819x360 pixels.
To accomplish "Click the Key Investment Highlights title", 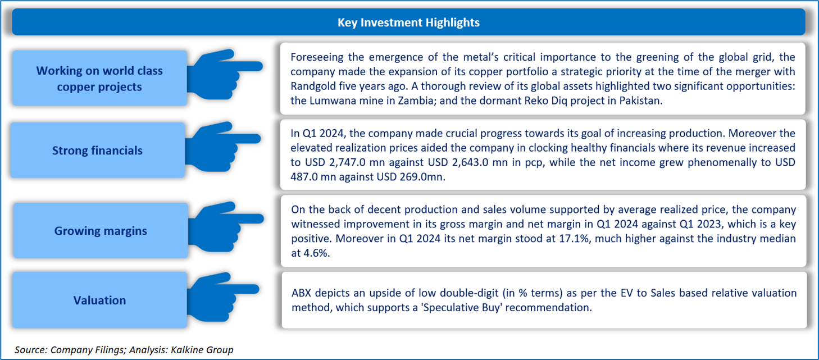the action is coord(408,22).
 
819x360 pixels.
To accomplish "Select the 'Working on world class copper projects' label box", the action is coord(99,78).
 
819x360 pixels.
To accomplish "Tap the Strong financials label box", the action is coord(98,150).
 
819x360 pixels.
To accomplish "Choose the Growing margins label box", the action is coord(101,231).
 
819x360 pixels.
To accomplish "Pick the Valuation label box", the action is coord(99,300).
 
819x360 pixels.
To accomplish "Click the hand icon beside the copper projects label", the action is coord(224,74).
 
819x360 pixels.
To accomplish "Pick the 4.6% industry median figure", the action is coord(315,253).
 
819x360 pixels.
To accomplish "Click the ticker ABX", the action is coord(301,293).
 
